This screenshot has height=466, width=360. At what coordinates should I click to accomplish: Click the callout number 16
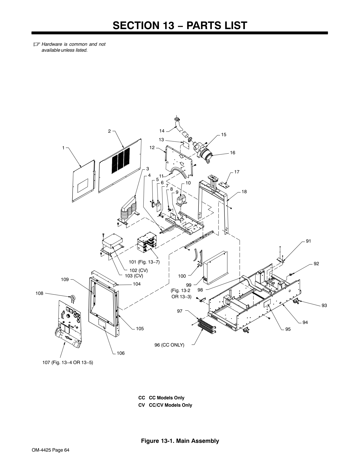[x=232, y=153]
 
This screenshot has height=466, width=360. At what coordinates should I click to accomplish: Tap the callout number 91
[x=308, y=241]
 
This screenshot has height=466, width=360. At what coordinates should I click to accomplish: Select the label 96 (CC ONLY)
[x=169, y=345]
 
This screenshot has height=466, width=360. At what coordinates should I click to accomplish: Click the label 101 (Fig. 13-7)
[x=144, y=262]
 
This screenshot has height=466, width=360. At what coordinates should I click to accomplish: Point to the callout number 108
[x=40, y=293]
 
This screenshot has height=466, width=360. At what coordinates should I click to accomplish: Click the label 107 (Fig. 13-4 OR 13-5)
[x=67, y=362]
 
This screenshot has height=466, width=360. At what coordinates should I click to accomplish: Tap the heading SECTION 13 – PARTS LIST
[x=180, y=25]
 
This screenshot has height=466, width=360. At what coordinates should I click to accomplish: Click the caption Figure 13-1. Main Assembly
[x=180, y=441]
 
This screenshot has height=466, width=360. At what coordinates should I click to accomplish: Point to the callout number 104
[x=137, y=284]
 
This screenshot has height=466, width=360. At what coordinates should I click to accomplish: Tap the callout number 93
[x=324, y=305]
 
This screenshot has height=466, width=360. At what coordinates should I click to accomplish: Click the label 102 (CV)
[x=138, y=270]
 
